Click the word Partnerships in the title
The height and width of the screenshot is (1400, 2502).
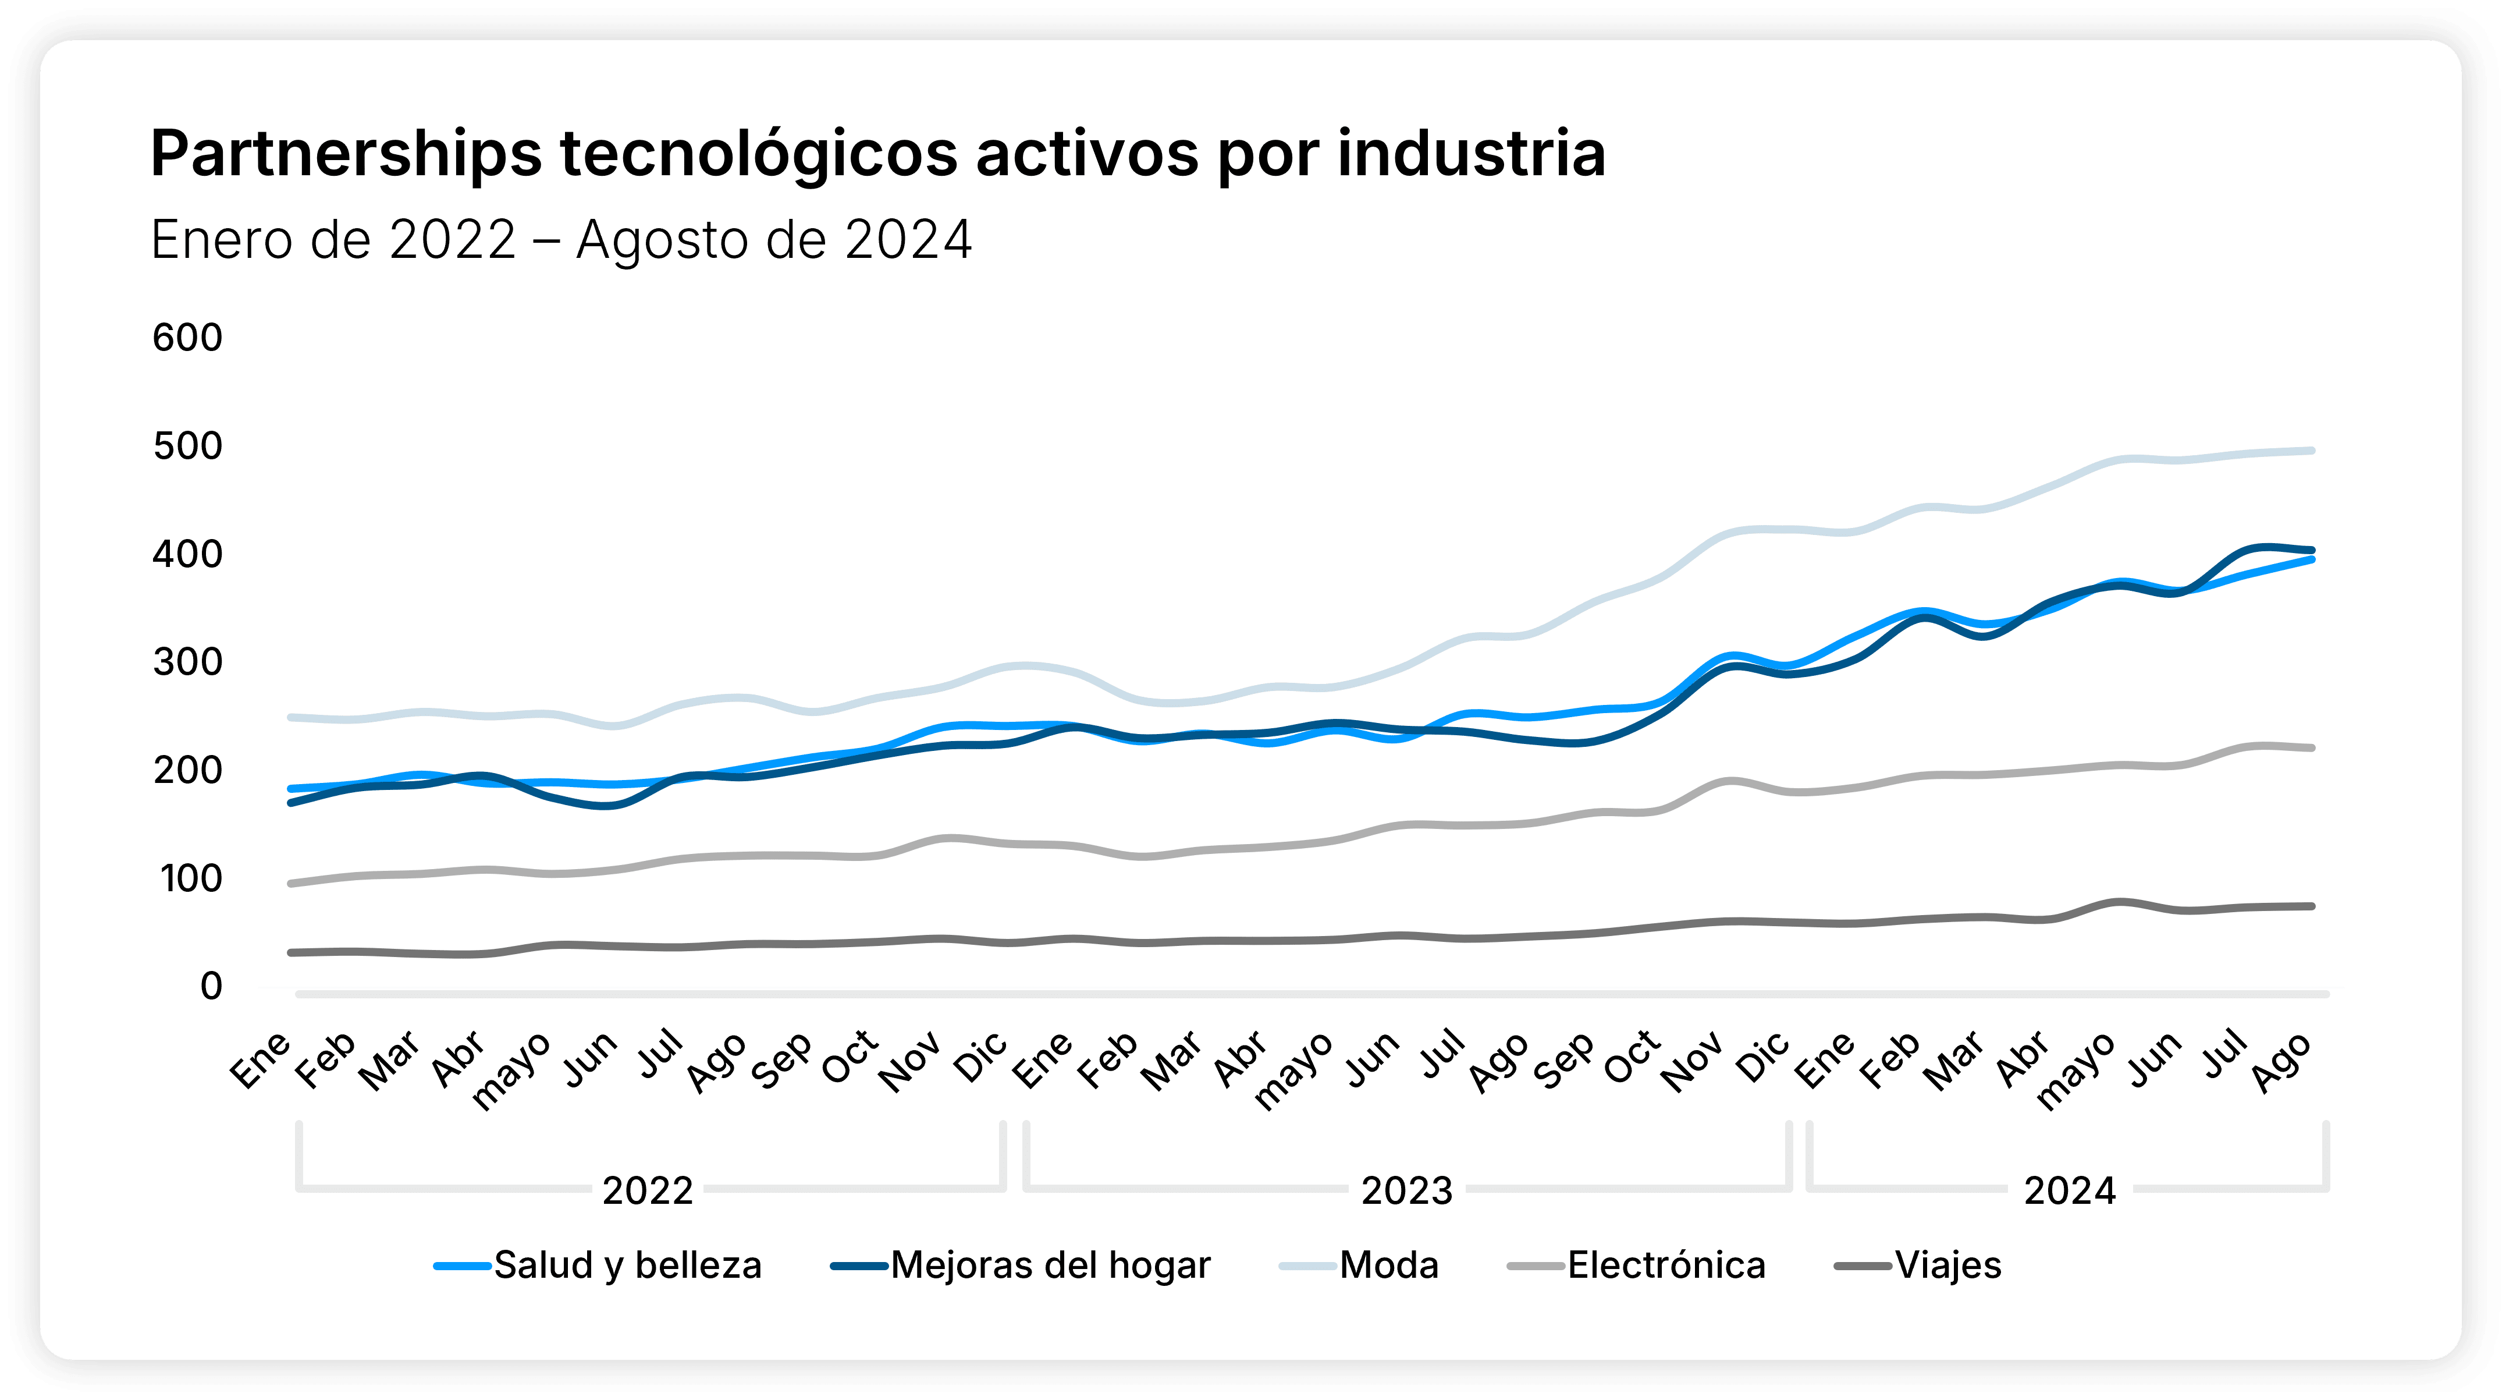tap(346, 154)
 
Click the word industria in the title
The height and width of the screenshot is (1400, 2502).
tap(1470, 154)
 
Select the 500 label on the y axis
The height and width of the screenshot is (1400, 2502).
tap(187, 446)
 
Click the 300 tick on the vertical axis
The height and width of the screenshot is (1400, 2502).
tap(187, 662)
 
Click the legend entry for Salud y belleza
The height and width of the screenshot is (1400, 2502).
tap(627, 1265)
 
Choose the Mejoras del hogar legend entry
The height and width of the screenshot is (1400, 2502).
tap(1050, 1265)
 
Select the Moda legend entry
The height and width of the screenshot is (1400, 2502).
tap(1388, 1265)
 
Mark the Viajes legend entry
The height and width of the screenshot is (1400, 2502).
tap(1947, 1265)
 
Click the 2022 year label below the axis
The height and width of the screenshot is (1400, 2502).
tap(647, 1190)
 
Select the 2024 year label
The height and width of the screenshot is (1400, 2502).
tap(2069, 1190)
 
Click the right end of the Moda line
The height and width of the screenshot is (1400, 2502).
tap(2312, 451)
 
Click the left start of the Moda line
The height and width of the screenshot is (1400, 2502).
tap(292, 717)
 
